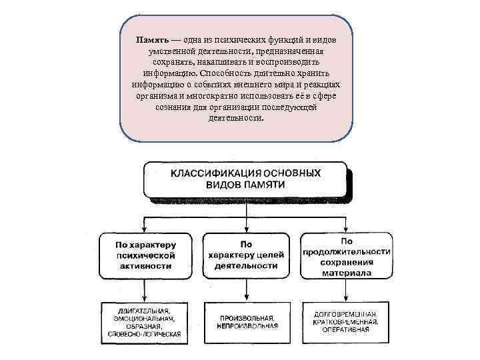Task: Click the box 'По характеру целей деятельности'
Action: click(246, 255)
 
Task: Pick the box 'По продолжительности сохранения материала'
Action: click(346, 255)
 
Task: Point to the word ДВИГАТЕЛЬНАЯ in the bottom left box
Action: click(143, 311)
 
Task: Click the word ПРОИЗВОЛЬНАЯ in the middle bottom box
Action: click(245, 318)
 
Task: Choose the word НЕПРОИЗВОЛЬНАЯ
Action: click(247, 326)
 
